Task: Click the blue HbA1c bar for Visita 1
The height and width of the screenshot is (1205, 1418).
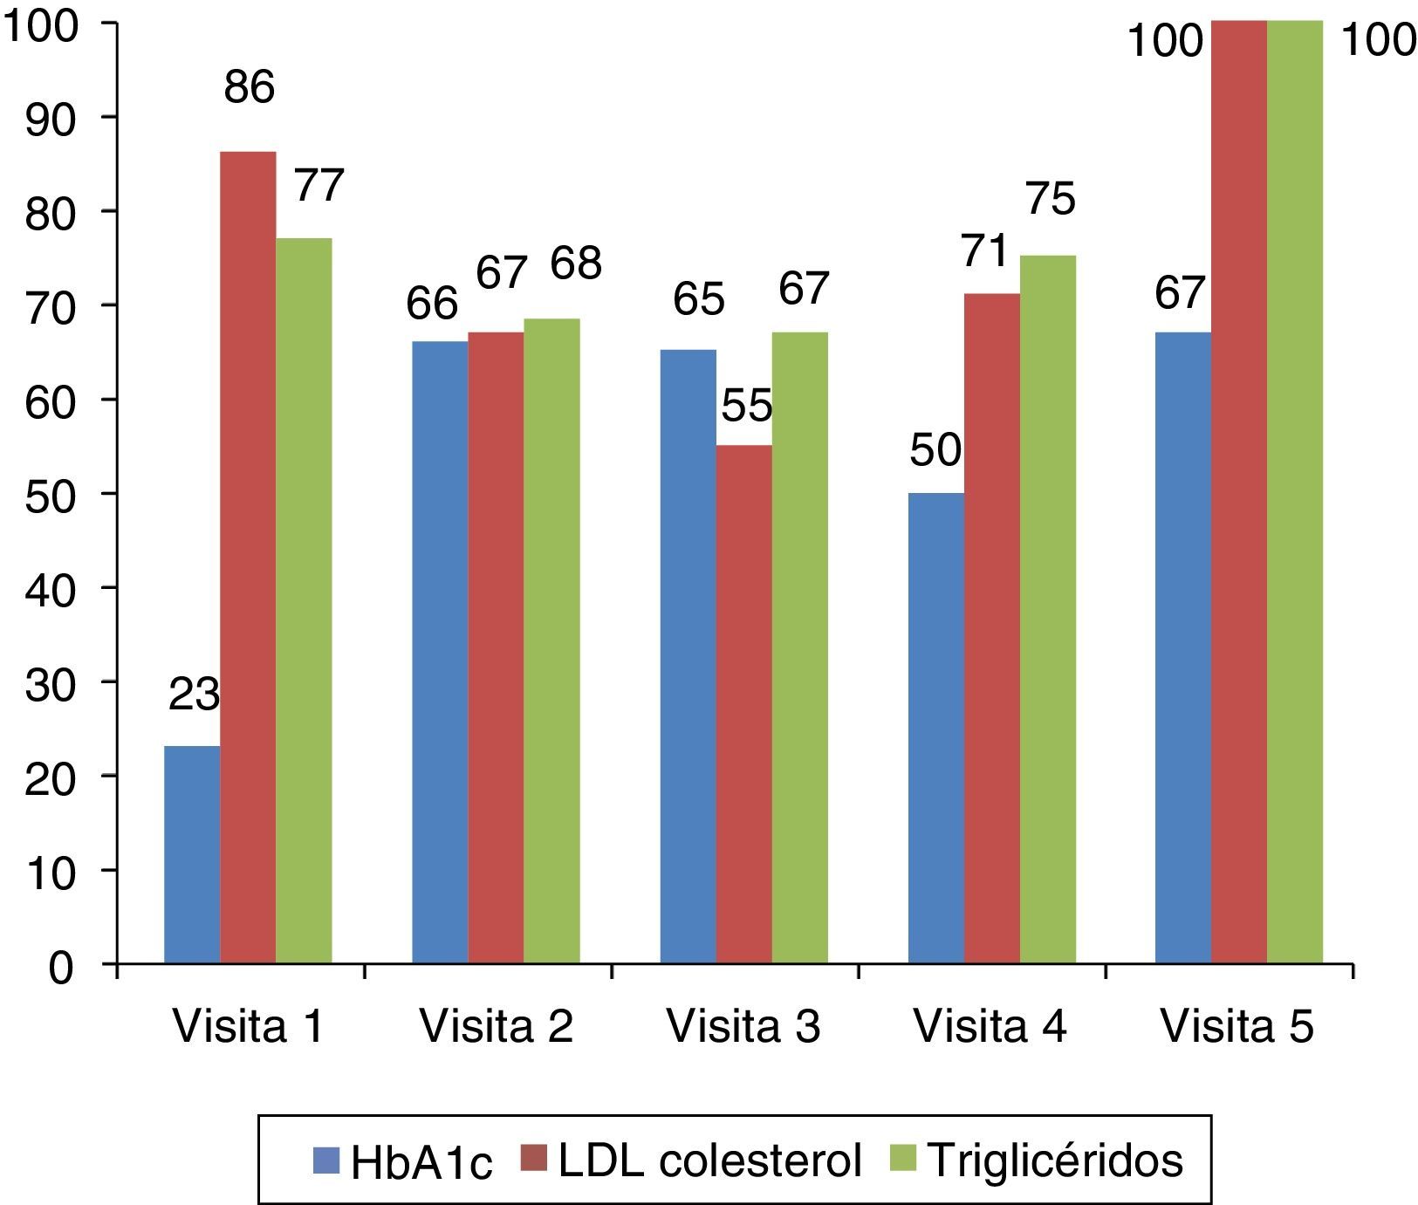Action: (x=192, y=855)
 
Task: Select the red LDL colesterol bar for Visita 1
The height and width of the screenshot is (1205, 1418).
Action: (x=248, y=558)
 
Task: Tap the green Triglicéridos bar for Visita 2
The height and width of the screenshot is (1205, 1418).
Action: (x=551, y=641)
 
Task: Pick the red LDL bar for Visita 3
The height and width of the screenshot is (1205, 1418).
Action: (x=744, y=705)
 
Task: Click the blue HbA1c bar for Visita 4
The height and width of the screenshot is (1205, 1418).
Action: (x=936, y=729)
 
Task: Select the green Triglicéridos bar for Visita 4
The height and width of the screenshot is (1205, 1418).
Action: (x=1048, y=610)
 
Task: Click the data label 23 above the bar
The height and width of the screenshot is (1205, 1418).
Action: (x=194, y=696)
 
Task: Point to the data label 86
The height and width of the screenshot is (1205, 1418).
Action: (x=250, y=88)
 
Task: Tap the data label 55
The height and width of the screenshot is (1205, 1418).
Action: (x=747, y=406)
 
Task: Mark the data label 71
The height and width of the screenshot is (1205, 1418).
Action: (x=985, y=251)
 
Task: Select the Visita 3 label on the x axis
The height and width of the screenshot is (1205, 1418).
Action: (x=743, y=1027)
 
